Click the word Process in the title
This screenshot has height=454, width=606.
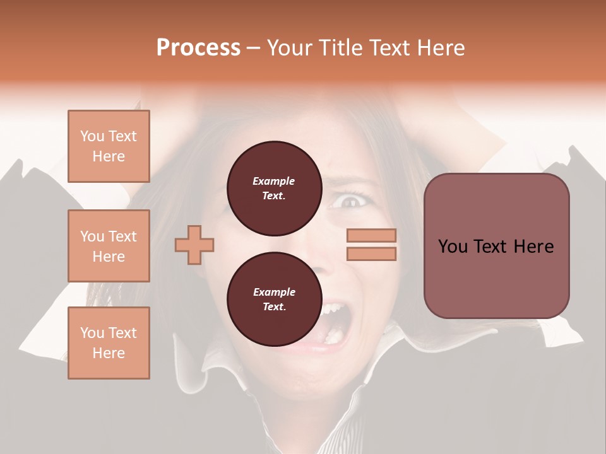click(x=198, y=48)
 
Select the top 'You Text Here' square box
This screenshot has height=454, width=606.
click(x=109, y=146)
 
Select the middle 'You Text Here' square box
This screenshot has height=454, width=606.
click(x=109, y=246)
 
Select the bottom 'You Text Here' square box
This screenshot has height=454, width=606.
click(x=109, y=343)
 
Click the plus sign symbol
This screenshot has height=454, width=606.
click(x=194, y=244)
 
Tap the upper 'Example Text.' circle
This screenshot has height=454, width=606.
click(x=274, y=188)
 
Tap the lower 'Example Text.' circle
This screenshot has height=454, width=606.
click(x=274, y=299)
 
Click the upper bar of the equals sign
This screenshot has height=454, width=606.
click(x=371, y=235)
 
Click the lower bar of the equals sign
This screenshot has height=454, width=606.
click(x=371, y=253)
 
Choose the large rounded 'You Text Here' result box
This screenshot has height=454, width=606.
click(x=496, y=245)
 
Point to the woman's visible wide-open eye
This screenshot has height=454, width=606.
click(x=349, y=202)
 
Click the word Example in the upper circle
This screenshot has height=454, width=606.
click(x=274, y=181)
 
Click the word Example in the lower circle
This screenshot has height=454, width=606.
click(x=274, y=292)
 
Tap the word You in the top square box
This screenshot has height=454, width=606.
click(x=92, y=136)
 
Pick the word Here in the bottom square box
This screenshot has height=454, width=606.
click(x=109, y=353)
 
